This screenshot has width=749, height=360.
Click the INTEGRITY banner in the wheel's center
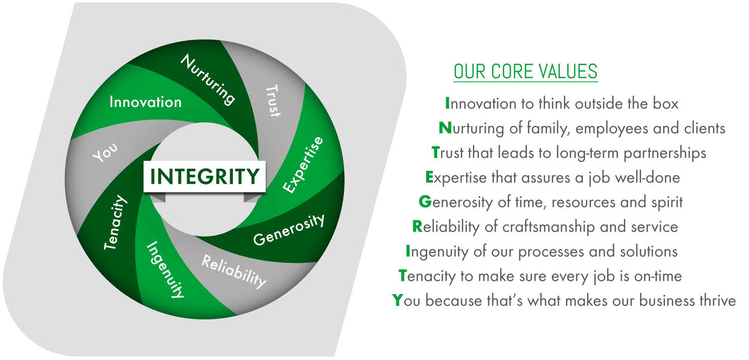pyautogui.click(x=205, y=176)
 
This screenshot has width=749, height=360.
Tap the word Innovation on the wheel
pyautogui.click(x=145, y=102)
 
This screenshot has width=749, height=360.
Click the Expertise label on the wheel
pyautogui.click(x=303, y=165)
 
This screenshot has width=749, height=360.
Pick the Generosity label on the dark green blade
pyautogui.click(x=289, y=229)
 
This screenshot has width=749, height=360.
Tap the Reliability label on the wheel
pyautogui.click(x=234, y=272)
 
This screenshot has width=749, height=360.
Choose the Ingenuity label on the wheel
pyautogui.click(x=165, y=269)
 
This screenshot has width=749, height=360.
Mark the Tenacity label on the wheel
pyautogui.click(x=115, y=222)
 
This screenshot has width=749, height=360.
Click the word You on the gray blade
pyautogui.click(x=105, y=152)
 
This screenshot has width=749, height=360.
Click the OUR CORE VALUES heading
pyautogui.click(x=526, y=71)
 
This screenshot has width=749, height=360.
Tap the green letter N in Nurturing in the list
pyautogui.click(x=445, y=128)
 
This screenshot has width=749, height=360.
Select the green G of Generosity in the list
pyautogui.click(x=425, y=202)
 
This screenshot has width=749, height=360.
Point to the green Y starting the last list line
pyautogui.click(x=397, y=300)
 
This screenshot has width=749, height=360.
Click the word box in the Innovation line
pyautogui.click(x=666, y=103)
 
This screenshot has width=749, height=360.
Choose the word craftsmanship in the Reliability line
pyautogui.click(x=549, y=227)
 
